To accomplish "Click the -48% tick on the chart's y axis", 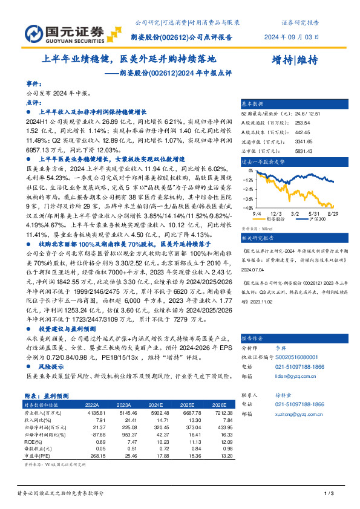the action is pyautogui.click(x=247, y=207).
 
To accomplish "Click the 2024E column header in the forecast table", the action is pyautogui.click(x=156, y=405).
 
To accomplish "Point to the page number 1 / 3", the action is pyautogui.click(x=329, y=494).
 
